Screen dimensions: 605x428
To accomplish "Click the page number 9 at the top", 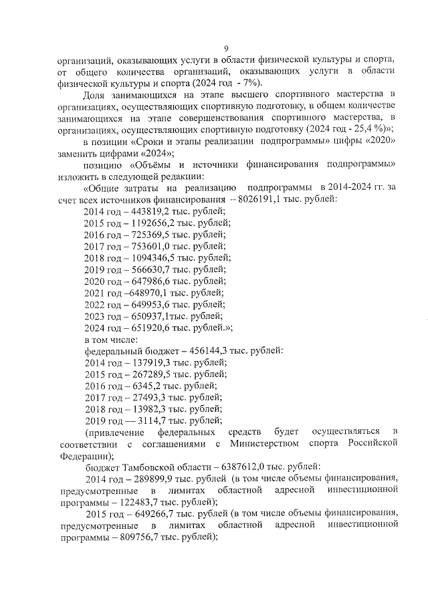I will [226, 47].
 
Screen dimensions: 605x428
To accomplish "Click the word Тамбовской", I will [147, 467].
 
